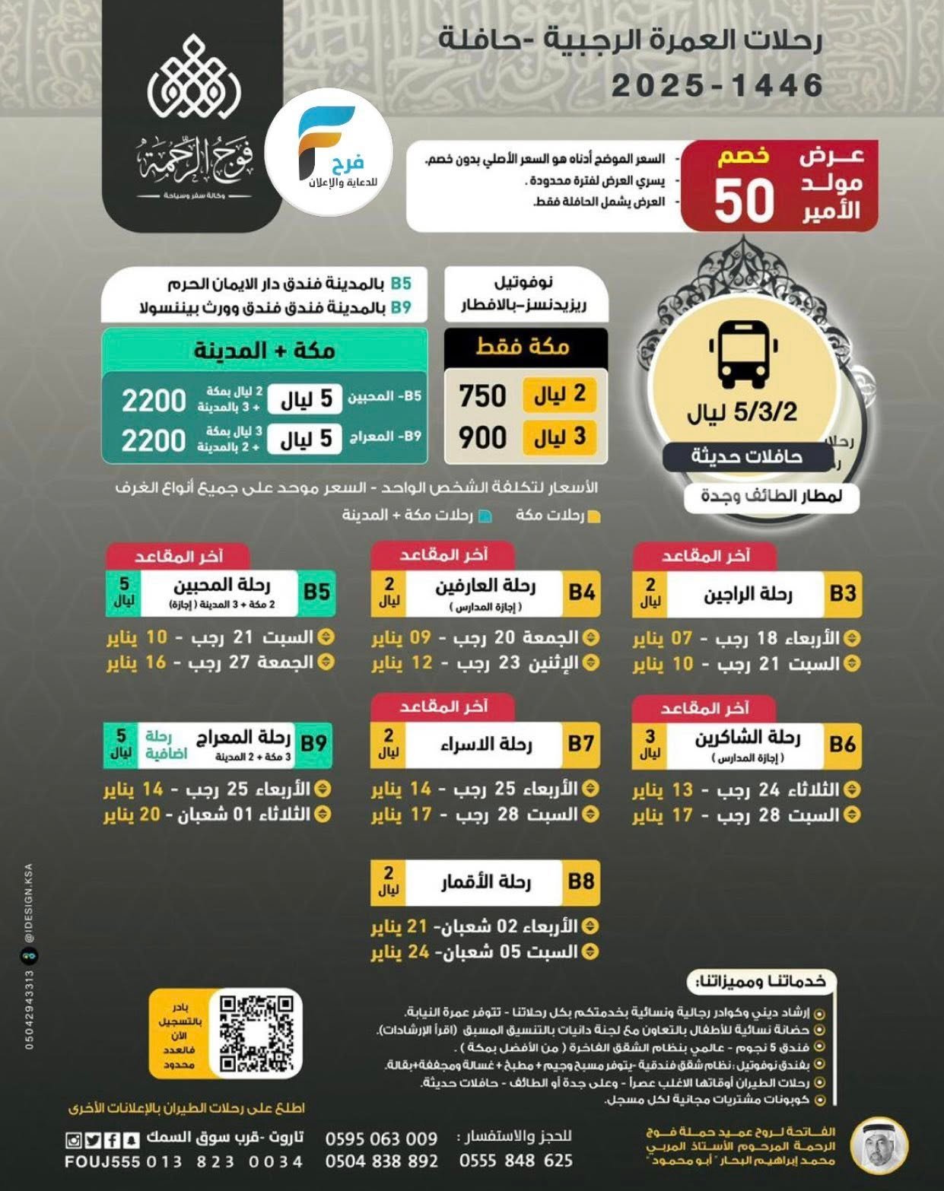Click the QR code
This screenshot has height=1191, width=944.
[256, 1034]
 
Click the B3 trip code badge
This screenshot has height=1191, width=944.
[843, 593]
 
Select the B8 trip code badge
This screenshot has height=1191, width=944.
[581, 881]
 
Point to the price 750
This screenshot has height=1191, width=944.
[482, 395]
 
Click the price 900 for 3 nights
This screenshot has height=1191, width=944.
[482, 437]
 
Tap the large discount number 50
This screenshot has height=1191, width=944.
[743, 200]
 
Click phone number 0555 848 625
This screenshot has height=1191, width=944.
[516, 1161]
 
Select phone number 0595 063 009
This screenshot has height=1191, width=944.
[381, 1139]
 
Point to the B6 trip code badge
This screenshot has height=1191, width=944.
[843, 744]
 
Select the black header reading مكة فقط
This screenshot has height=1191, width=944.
[525, 347]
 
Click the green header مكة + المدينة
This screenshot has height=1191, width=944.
[264, 351]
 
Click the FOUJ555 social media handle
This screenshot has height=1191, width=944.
[102, 1162]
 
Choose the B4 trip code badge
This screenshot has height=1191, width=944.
[581, 592]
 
